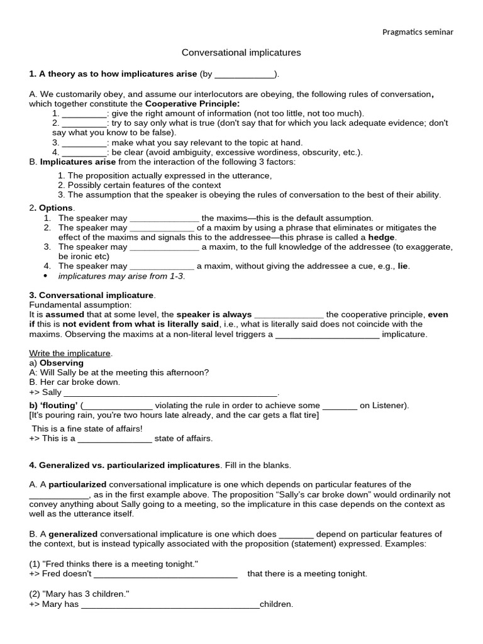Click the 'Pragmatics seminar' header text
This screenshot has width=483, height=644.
tap(418, 32)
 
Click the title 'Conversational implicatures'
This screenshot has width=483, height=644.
tap(241, 53)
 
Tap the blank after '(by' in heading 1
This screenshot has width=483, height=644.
tap(245, 75)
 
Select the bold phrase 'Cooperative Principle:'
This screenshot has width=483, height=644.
tap(192, 103)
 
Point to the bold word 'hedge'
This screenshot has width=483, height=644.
tap(382, 237)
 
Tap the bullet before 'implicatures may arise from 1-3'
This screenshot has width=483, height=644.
tap(46, 276)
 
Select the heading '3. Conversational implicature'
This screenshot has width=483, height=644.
tap(92, 295)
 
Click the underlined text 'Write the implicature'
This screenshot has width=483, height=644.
tap(70, 353)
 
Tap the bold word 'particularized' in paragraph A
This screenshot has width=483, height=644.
tap(77, 484)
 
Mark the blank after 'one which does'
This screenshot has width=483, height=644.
tap(296, 535)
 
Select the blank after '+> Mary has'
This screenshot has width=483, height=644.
tap(170, 605)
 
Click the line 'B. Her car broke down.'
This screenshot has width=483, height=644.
tap(74, 382)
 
